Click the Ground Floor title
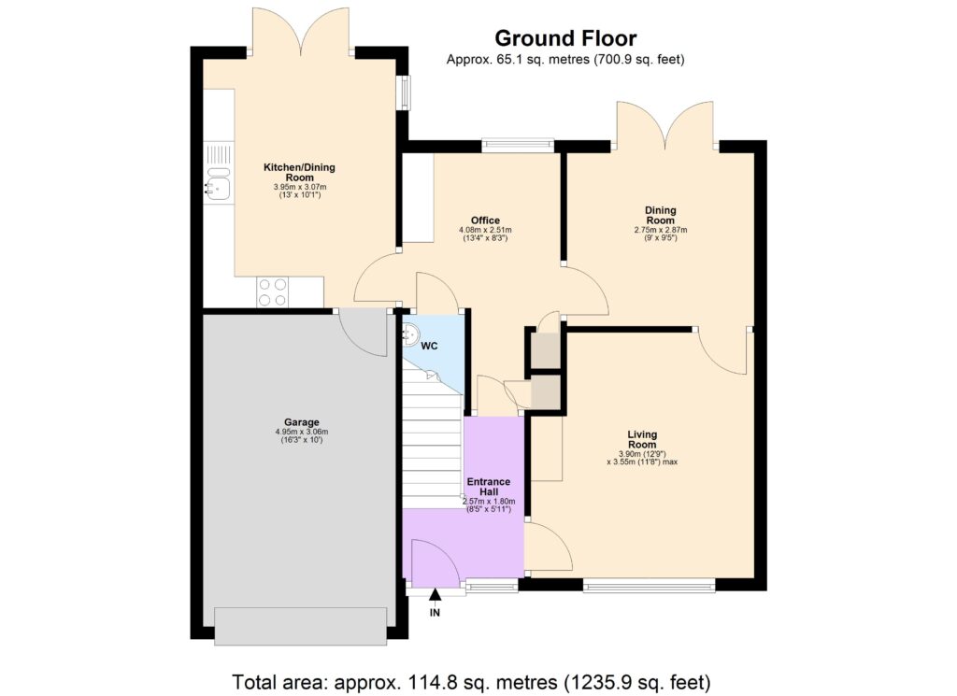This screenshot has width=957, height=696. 565,38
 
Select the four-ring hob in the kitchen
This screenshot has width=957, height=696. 272,292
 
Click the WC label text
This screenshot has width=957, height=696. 429,346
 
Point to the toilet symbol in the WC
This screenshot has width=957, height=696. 409,334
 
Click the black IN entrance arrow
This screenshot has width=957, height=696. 435,594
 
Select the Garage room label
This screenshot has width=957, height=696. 297,422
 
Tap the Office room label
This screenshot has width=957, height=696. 485,220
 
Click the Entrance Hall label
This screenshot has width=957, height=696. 488,486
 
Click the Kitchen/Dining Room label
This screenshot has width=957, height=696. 298,172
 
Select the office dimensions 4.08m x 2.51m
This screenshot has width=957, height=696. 485,230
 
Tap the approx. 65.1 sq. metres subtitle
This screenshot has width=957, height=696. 565,60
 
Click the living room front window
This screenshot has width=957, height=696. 649,586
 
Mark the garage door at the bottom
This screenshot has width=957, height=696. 300,624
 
